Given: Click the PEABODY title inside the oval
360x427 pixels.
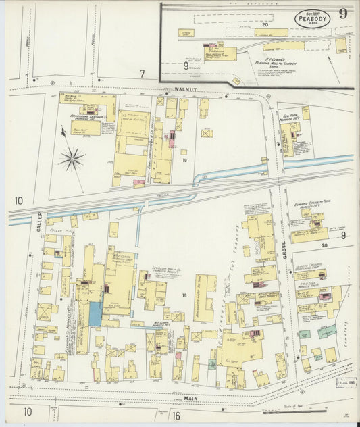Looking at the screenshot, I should (311, 20).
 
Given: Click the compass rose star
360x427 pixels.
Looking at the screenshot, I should (72, 159).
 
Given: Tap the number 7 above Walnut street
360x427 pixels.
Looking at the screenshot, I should (142, 74).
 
